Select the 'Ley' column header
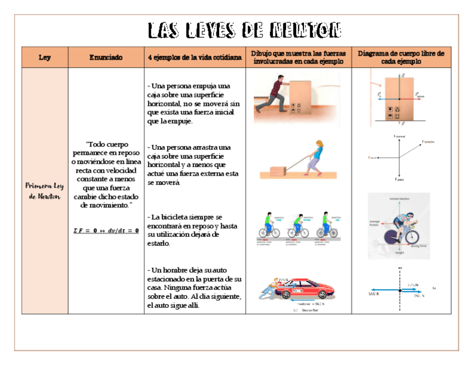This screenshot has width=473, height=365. point(45,57)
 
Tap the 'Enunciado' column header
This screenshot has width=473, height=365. point(106,57)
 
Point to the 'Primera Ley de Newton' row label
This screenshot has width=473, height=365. point(45,191)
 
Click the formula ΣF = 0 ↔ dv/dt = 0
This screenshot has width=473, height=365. point(106,230)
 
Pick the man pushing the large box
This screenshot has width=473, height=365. point(273,96)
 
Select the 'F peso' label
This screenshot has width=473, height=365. point(399,179)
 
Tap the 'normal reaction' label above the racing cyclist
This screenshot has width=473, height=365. point(400,198)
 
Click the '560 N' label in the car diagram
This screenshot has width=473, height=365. point(374,294)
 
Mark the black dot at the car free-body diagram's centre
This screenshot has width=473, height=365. point(400,290)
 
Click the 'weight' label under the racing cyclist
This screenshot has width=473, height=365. point(399,252)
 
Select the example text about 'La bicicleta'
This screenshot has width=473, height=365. point(192,230)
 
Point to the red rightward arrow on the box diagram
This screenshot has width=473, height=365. point(408,99)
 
